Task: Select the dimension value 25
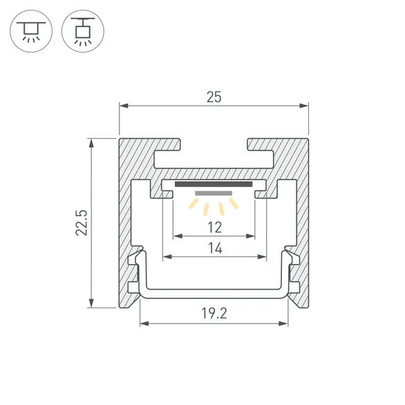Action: tap(214, 97)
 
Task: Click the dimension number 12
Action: tap(214, 227)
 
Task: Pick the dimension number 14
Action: tap(214, 248)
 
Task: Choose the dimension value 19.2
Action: tap(214, 314)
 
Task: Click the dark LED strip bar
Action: tap(214, 185)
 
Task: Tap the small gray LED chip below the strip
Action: tap(214, 193)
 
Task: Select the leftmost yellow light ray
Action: tap(193, 204)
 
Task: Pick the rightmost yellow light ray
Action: tap(234, 204)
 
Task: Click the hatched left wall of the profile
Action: tap(126, 221)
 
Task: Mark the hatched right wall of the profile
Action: tap(301, 221)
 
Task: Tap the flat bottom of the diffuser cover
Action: tap(214, 293)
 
